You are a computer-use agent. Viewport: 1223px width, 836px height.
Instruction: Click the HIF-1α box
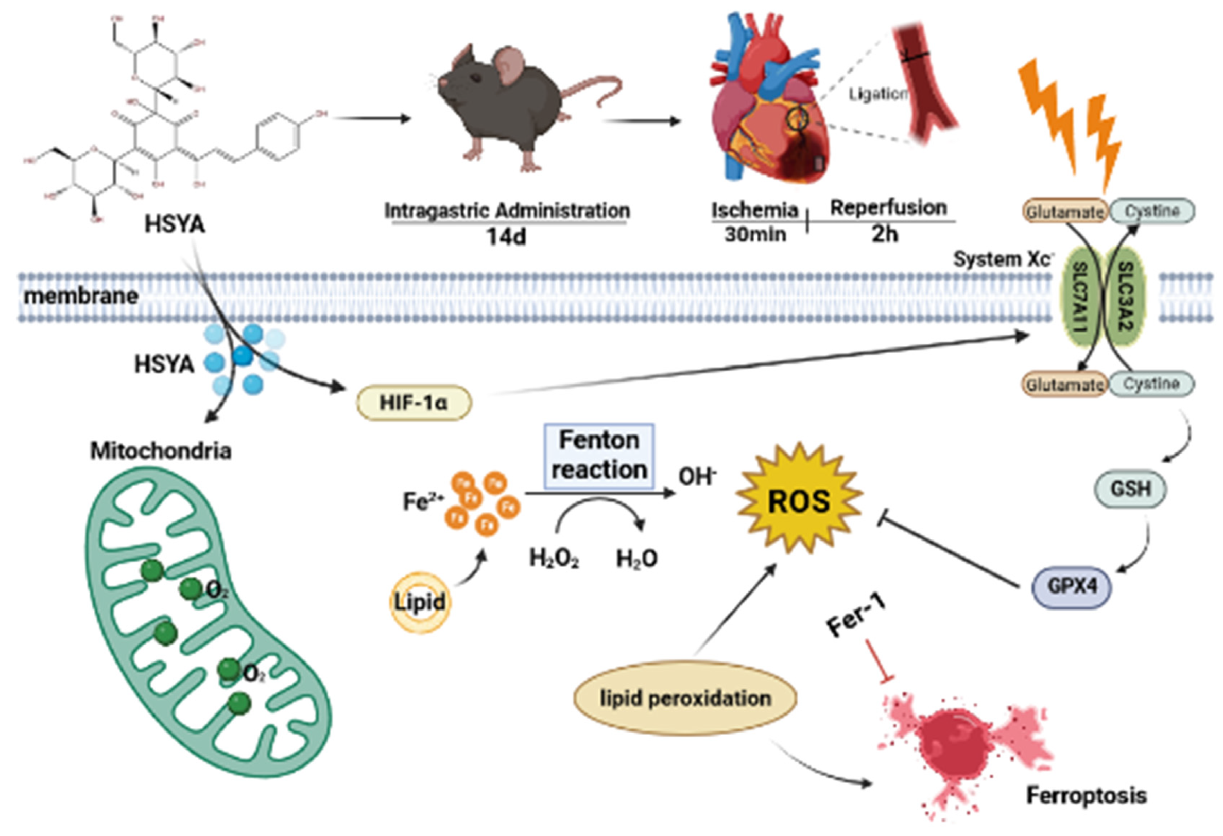coord(414,403)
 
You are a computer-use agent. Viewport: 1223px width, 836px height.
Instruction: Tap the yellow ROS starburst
coord(799,500)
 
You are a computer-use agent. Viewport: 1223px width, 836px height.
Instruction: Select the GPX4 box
coord(1072,586)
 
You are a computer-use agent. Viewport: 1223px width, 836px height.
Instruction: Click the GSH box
coord(1130,489)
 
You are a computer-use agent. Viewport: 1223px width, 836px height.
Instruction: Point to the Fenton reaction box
coord(599,456)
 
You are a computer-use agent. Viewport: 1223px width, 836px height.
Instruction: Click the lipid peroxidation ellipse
coord(685,698)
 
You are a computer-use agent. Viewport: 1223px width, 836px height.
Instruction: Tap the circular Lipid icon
coord(420,602)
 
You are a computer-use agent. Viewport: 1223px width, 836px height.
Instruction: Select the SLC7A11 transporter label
coord(1080,297)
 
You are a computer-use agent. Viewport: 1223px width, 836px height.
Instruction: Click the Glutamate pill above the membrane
coord(1065,212)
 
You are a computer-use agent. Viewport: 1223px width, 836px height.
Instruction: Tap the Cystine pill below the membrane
coord(1151,384)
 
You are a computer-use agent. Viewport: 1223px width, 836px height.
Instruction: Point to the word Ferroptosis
coord(1087,795)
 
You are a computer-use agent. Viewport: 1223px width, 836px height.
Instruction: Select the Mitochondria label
coord(161,451)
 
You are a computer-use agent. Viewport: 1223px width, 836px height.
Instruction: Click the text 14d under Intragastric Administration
coord(506,237)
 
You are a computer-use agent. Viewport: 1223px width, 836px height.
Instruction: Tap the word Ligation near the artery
coord(878,95)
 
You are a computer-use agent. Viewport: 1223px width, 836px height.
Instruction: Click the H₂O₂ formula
coord(554,559)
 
